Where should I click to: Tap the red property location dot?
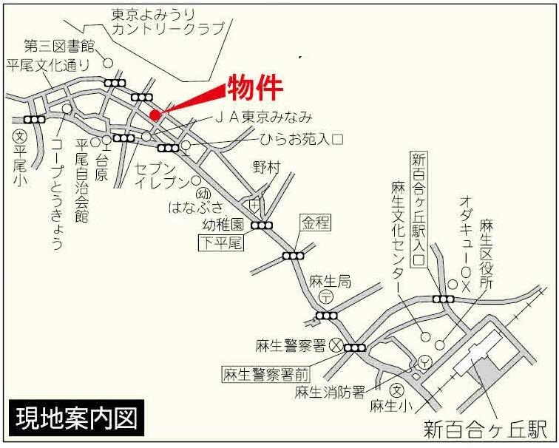pyautogui.click(x=155, y=115)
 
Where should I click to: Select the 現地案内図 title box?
pyautogui.click(x=75, y=418)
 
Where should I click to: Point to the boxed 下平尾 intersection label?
pyautogui.click(x=220, y=241)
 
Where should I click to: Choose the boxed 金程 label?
pyautogui.click(x=313, y=221)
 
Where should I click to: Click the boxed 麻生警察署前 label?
pyautogui.click(x=266, y=373)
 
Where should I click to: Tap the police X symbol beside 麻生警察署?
pyautogui.click(x=336, y=345)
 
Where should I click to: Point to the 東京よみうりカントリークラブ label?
pyautogui.click(x=167, y=22)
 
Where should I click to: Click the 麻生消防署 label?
pyautogui.click(x=330, y=391)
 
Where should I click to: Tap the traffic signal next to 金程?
pyautogui.click(x=294, y=256)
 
